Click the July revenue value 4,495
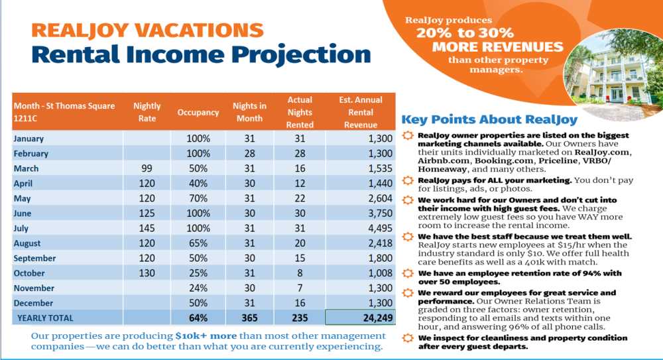(380, 229)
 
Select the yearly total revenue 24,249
(378, 318)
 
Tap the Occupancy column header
(198, 113)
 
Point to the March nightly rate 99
(147, 168)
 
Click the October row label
(29, 273)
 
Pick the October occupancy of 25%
(198, 273)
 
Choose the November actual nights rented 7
(300, 288)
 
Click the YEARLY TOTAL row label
(45, 318)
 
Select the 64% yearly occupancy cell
(198, 318)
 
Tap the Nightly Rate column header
(147, 112)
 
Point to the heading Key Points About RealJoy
(489, 120)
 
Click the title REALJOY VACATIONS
(147, 30)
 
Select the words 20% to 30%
(465, 33)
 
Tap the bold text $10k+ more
(206, 336)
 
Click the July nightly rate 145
(147, 229)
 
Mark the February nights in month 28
(249, 154)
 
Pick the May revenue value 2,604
(380, 198)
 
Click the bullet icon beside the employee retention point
(408, 273)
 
